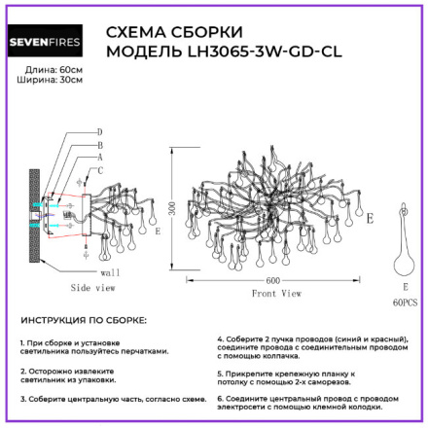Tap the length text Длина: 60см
[48, 67]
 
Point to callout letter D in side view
[99, 131]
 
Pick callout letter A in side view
[99, 155]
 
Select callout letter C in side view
[99, 168]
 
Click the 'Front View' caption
[277, 292]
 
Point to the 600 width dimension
[276, 280]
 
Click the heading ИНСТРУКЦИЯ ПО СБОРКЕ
[84, 320]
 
